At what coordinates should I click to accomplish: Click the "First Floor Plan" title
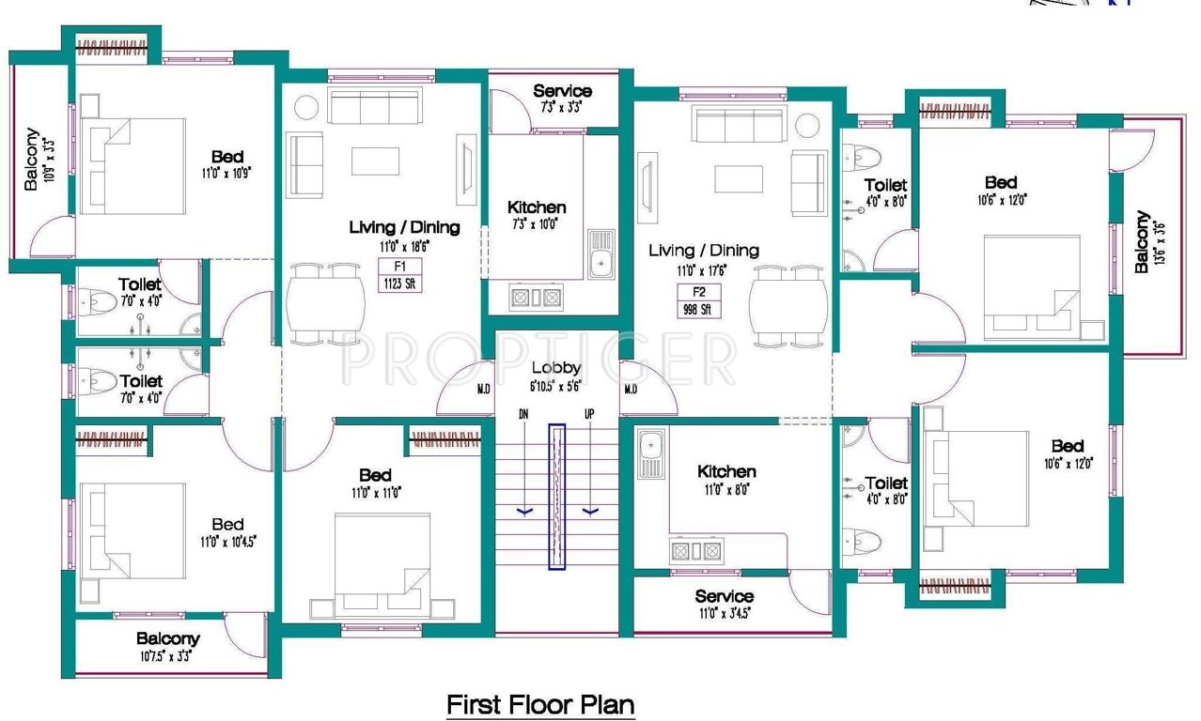click(539, 703)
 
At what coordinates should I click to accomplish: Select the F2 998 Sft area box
click(697, 301)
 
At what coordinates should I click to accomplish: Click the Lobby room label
click(555, 368)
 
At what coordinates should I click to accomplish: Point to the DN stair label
click(524, 413)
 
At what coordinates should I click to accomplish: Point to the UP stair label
click(589, 413)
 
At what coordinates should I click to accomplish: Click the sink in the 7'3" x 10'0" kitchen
click(601, 253)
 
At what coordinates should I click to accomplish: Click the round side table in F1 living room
click(307, 107)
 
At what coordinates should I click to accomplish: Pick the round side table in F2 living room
click(806, 125)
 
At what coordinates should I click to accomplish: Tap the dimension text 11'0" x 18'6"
click(404, 246)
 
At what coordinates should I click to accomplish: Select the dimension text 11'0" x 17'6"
click(704, 269)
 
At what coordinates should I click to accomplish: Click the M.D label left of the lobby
click(484, 388)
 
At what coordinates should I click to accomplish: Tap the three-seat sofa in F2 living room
click(738, 123)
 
